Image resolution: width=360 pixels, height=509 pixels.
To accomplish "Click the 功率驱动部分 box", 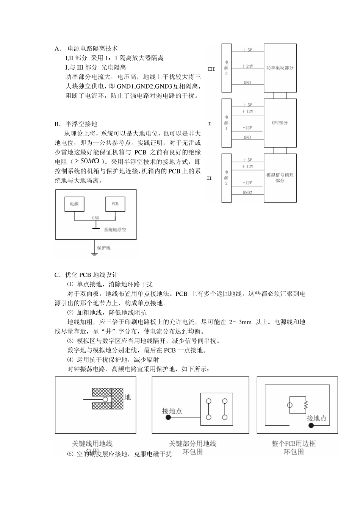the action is pyautogui.click(x=280, y=68).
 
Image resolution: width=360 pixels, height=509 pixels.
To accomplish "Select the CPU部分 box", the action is pyautogui.click(x=280, y=123).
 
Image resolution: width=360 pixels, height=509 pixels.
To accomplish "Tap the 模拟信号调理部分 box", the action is pyautogui.click(x=280, y=178).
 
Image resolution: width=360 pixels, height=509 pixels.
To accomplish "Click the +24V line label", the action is pyautogui.click(x=247, y=66).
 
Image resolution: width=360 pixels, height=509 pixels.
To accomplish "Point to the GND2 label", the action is pyautogui.click(x=247, y=192).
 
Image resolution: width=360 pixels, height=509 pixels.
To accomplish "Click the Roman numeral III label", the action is pyautogui.click(x=211, y=69).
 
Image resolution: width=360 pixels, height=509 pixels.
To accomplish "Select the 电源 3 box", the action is pyautogui.click(x=226, y=68).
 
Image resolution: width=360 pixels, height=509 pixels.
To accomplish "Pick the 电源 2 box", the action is pyautogui.click(x=226, y=178).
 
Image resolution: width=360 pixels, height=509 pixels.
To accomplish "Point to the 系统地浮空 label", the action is pyautogui.click(x=115, y=230).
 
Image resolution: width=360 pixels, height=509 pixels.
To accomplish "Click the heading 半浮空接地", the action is pyautogui.click(x=81, y=124).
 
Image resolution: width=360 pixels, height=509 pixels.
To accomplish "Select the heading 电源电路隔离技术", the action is pyautogui.click(x=92, y=48).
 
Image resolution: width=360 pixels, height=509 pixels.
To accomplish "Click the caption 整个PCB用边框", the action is pyautogui.click(x=294, y=443).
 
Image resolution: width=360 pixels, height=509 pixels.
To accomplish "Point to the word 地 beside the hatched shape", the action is pyautogui.click(x=128, y=397).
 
